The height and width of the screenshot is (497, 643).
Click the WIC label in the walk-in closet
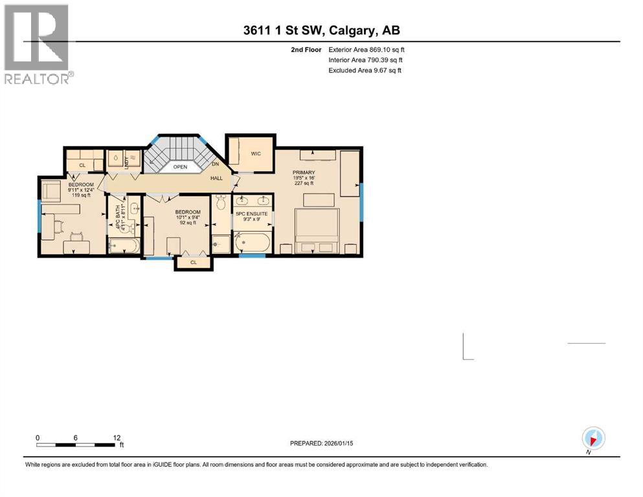tap(255, 153)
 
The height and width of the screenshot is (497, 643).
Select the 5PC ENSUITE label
tap(251, 214)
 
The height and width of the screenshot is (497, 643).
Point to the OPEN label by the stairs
tap(180, 166)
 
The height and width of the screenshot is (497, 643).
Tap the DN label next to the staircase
tap(216, 165)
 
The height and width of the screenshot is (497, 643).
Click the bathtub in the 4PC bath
tap(124, 245)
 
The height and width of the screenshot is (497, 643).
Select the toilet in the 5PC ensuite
tap(220, 203)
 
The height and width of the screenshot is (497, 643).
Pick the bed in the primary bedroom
tap(317, 230)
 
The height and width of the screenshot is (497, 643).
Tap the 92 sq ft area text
tap(187, 223)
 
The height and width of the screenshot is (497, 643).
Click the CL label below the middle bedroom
tap(194, 262)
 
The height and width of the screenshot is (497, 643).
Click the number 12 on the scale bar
tap(117, 437)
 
